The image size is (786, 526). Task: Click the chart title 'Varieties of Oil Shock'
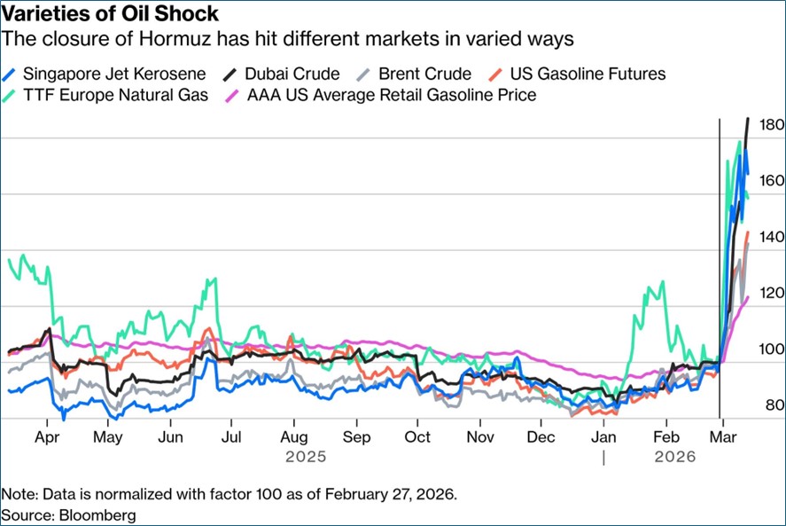tap(113, 15)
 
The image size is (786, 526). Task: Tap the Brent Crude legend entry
tap(423, 74)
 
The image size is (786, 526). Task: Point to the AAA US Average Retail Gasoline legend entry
tap(391, 95)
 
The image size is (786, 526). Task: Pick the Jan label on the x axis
tap(603, 437)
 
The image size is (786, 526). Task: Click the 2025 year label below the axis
tap(306, 458)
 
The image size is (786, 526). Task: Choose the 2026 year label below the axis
tap(675, 458)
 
